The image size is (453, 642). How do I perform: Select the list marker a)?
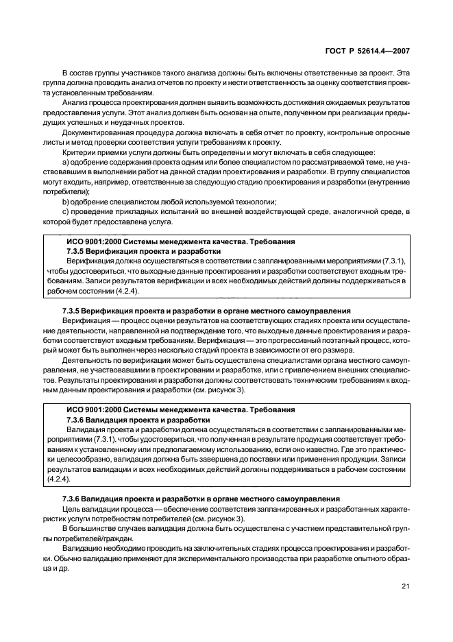[x=66, y=160]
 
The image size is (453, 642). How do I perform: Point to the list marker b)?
[x=66, y=201]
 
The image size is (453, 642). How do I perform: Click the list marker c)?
[x=66, y=211]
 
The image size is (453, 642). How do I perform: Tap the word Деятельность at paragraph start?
[x=86, y=359]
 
